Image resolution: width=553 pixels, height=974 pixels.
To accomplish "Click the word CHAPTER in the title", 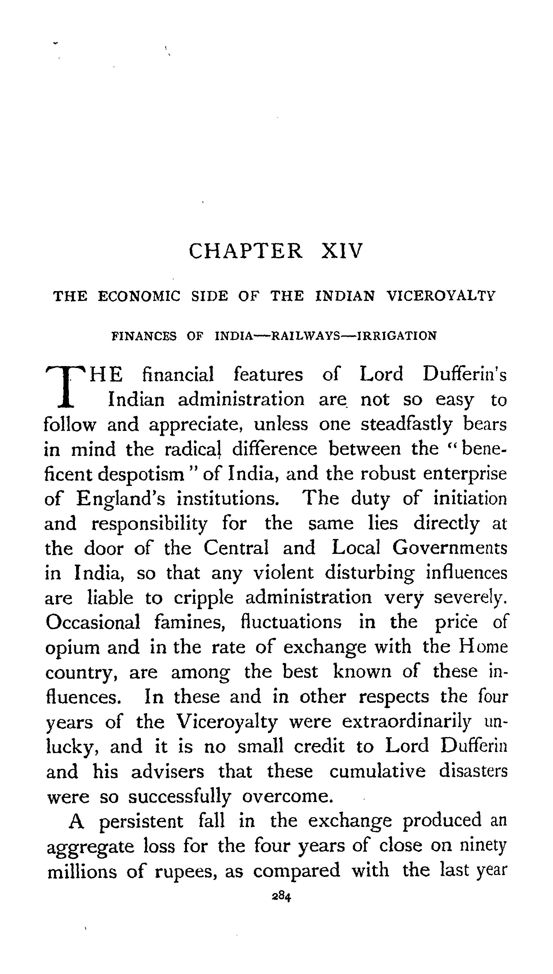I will [x=246, y=251].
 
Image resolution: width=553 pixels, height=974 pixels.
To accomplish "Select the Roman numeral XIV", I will [x=342, y=251].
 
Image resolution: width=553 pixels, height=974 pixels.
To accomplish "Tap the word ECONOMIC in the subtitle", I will [x=139, y=296].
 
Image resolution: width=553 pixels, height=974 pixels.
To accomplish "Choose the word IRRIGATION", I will [x=397, y=336].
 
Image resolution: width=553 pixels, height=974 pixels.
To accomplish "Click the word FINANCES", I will [x=144, y=336].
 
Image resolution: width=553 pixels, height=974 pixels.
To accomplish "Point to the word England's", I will [x=120, y=499].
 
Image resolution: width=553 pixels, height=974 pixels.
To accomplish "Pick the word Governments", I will [x=450, y=548].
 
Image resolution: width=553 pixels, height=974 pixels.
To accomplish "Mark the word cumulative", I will [x=377, y=771].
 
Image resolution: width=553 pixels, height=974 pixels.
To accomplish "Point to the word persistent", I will [x=141, y=822].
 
